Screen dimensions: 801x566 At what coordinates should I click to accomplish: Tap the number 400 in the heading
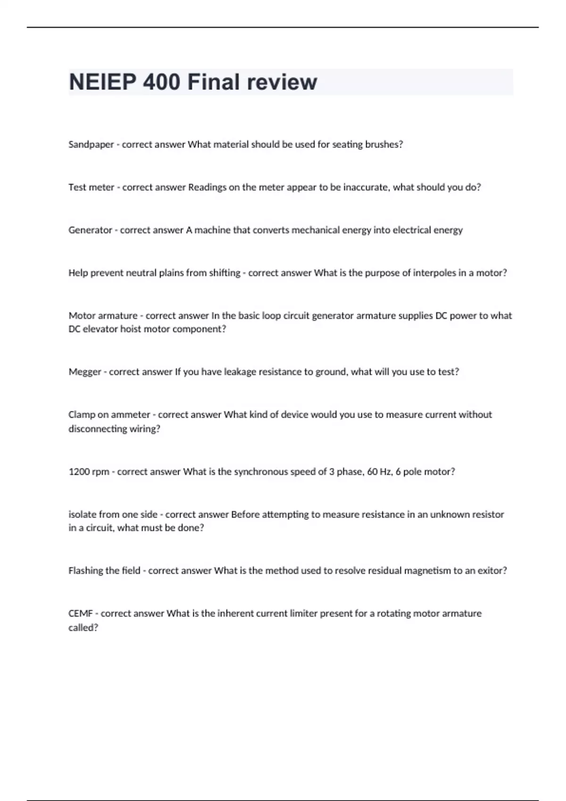[x=161, y=82]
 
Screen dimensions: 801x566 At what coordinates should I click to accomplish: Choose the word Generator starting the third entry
[x=90, y=230]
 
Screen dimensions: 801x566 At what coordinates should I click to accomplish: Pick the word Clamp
[x=82, y=415]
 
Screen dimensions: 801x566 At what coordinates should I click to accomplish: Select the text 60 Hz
[x=379, y=472]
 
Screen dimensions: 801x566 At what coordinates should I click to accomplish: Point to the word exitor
[x=491, y=571]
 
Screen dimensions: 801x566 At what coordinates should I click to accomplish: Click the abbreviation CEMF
[x=80, y=613]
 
